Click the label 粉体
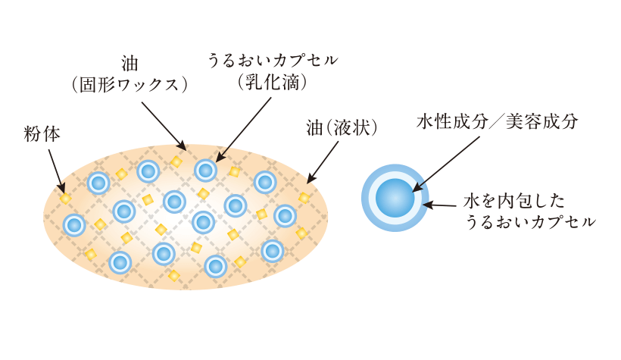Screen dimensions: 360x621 [x=42, y=134]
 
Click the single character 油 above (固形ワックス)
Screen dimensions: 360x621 [x=130, y=61]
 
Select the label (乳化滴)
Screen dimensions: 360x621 [x=271, y=84]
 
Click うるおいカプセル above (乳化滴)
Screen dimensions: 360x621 [x=272, y=60]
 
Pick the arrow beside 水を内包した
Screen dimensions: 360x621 [x=441, y=204]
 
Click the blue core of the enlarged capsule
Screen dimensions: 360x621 [x=395, y=198]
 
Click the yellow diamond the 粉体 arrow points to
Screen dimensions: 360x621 [x=66, y=199]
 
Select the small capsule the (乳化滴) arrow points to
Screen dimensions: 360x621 [x=205, y=170]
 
